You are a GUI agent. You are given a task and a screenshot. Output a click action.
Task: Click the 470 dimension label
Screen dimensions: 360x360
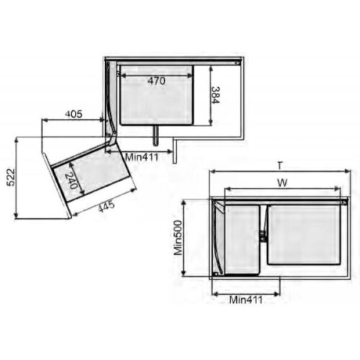coord(156,81)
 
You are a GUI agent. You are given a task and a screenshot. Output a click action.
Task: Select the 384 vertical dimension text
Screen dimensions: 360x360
coord(215,95)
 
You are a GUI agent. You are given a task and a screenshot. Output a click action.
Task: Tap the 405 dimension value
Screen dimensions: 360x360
coord(74,114)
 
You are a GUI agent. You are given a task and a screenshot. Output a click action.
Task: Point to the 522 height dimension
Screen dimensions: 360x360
coord(11,178)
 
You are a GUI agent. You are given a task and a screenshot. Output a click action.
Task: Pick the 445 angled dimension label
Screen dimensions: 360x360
coord(107,207)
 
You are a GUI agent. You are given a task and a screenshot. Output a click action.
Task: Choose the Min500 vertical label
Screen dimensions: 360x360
coord(179,238)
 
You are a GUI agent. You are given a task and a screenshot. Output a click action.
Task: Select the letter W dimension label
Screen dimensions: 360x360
coord(282,183)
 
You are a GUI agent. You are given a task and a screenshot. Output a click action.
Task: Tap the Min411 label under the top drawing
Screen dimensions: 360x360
coord(142,158)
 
